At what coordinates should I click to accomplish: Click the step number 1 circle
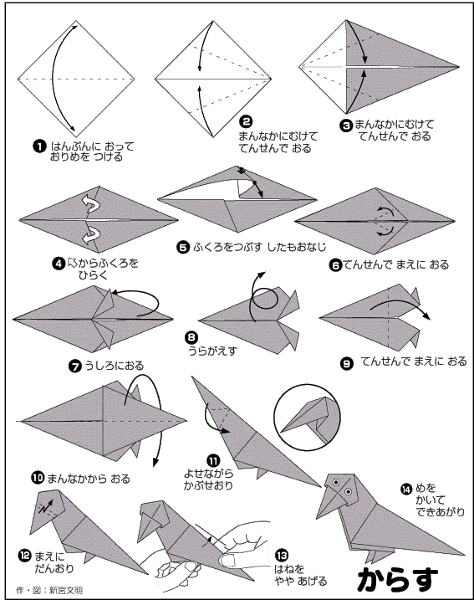click(40, 146)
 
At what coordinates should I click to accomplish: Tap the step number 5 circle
click(183, 247)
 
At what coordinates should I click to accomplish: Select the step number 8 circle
click(191, 337)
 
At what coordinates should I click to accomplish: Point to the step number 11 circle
click(213, 460)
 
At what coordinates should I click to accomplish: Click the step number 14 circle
click(406, 489)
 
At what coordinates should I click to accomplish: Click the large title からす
click(398, 579)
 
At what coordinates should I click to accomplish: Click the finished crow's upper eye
click(336, 483)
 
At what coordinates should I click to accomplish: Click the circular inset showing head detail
click(307, 417)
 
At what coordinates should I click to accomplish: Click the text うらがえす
click(212, 351)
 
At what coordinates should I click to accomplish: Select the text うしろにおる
click(114, 366)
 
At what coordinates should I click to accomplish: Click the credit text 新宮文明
click(66, 590)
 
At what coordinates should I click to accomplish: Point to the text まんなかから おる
click(89, 479)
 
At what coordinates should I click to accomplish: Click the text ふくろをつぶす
click(227, 247)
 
